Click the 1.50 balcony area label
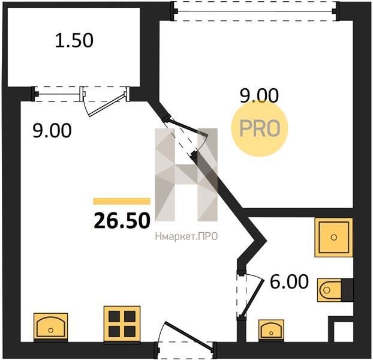point(74,40)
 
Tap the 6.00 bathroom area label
point(289,281)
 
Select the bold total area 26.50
point(122,221)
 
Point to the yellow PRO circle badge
point(260,128)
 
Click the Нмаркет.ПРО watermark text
point(186,236)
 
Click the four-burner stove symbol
point(122,324)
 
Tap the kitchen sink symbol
point(50,328)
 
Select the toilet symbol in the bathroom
point(335,290)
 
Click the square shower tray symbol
point(333,237)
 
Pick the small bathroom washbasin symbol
point(271,331)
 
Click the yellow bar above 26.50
point(122,201)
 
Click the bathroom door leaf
point(252,298)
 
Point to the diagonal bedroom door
point(188,128)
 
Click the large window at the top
point(255,11)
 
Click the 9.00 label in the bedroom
point(259,95)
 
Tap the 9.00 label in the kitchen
point(52,130)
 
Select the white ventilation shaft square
point(340,332)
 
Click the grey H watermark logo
point(186,175)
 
